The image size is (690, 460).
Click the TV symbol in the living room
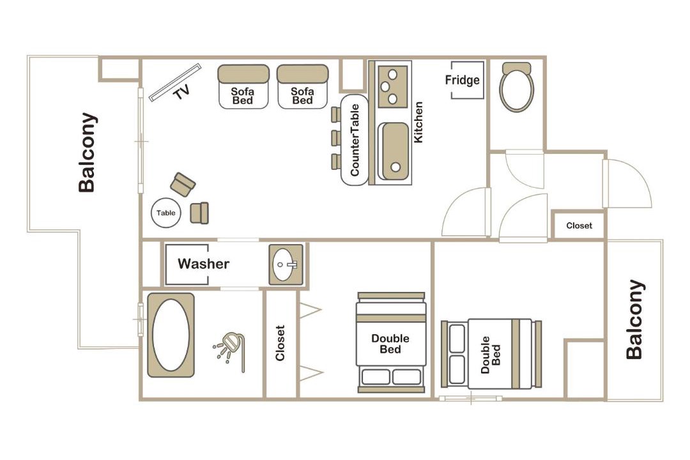pos(174,82)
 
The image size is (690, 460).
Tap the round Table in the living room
pos(166,213)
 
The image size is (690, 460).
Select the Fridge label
pos(462,80)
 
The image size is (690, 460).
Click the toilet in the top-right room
pos(517,87)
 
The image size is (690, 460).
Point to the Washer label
pos(203,264)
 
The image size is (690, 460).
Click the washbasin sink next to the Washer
pos(286,264)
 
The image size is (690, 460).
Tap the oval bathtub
pos(171,335)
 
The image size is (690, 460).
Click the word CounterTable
pos(355,140)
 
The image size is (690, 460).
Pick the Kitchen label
pos(418,123)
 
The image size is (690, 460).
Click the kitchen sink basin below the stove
pos(394,151)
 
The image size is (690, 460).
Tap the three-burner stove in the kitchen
pos(392,87)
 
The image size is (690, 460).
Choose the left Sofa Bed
pos(243,87)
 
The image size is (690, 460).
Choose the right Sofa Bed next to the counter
pos(303,87)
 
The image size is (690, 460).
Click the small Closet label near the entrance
pos(579,226)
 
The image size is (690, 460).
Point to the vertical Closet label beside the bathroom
pos(280,343)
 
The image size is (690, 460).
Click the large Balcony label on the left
pos(87,152)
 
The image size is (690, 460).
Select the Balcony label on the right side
pos(634,319)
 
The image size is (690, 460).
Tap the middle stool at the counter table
pos(336,138)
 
